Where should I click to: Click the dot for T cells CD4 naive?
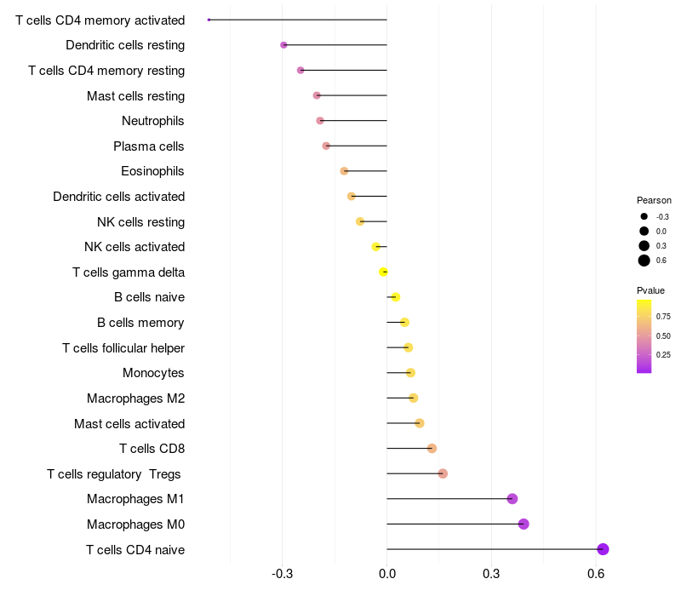point(603,549)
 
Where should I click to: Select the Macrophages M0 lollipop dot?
point(524,524)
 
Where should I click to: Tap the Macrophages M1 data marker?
point(512,499)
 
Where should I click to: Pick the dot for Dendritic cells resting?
point(283,45)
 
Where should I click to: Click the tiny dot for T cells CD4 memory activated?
point(209,20)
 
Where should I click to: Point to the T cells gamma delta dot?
point(383,272)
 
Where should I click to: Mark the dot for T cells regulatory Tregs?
point(443,473)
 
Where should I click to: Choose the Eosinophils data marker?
point(344,171)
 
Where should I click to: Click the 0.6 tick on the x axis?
point(596,574)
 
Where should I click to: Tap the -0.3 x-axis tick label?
point(282,574)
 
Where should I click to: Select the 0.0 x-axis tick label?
point(387,574)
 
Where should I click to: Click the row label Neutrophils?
point(153,121)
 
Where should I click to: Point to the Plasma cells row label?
point(148,146)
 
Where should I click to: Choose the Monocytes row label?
point(153,373)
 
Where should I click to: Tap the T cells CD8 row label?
point(152,449)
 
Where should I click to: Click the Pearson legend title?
point(654,200)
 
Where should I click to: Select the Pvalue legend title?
point(650,290)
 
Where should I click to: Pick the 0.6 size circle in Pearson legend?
point(644,261)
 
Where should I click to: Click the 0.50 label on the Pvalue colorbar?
point(663,335)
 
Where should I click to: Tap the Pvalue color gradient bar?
point(644,336)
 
